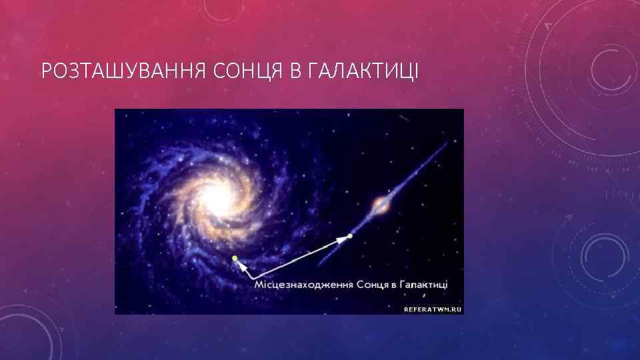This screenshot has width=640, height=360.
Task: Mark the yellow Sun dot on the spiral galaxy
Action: [x=235, y=258]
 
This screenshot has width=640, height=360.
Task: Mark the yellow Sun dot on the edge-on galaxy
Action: [x=351, y=235]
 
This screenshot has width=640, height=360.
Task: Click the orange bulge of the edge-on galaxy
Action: [x=381, y=204]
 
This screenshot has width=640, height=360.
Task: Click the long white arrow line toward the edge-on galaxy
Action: [x=300, y=257]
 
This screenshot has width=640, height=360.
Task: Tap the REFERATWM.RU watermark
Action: [x=433, y=309]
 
